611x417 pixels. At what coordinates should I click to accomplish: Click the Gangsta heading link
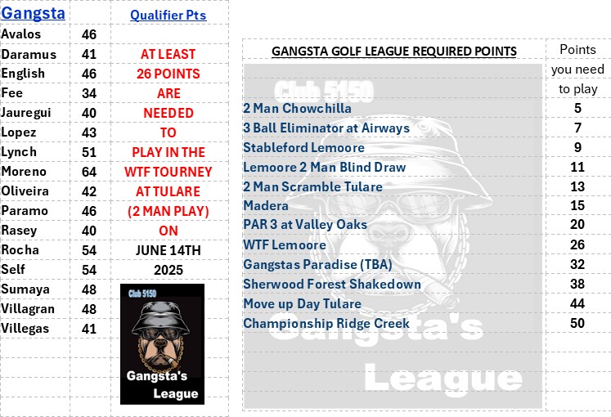(x=33, y=13)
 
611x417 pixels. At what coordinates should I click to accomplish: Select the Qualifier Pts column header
(x=168, y=16)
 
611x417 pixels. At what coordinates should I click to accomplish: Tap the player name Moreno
(x=24, y=172)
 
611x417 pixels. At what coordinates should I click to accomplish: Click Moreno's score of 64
(x=89, y=172)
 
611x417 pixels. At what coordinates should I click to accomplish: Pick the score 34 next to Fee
(x=89, y=93)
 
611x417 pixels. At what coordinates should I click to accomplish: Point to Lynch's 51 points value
(x=89, y=152)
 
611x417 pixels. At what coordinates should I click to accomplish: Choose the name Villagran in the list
(x=28, y=309)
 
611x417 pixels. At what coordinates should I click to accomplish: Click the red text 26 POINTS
(x=168, y=74)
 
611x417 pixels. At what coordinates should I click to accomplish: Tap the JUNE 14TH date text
(x=168, y=250)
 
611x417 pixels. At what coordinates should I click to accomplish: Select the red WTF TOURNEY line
(x=168, y=172)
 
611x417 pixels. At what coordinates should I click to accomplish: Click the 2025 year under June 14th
(x=168, y=270)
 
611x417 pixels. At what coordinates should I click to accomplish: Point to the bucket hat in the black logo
(x=160, y=316)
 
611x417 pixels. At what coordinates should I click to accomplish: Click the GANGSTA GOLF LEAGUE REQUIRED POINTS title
(x=394, y=52)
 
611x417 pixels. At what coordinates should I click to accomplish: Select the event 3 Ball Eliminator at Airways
(x=326, y=128)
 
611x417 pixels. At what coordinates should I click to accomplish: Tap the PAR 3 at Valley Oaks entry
(x=305, y=225)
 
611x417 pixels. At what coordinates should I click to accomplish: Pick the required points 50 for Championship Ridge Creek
(x=577, y=323)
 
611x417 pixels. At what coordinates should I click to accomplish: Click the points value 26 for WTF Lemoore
(x=577, y=244)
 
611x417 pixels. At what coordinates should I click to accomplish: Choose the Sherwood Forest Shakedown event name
(x=332, y=285)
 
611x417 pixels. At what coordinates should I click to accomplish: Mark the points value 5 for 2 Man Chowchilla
(x=577, y=108)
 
